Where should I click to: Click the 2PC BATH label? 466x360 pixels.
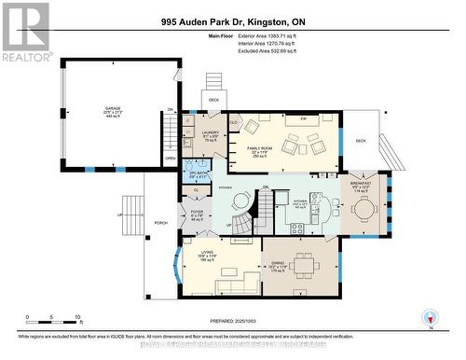tap(199, 173)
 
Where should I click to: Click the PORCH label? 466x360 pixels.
tap(161, 223)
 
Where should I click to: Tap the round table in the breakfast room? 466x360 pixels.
tap(362, 211)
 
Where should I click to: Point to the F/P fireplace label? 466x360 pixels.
tap(304, 120)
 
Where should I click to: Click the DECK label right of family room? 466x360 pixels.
tap(361, 142)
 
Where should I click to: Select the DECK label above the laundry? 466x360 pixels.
tap(213, 99)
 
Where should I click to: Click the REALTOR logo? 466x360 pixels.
tap(25, 32)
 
